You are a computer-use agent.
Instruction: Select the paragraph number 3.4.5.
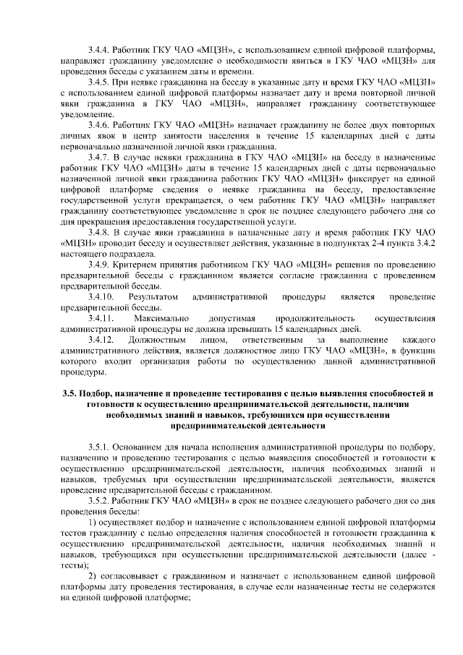[x=99, y=82]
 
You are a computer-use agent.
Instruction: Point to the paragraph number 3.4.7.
[x=99, y=157]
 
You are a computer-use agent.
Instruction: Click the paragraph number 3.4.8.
[x=99, y=232]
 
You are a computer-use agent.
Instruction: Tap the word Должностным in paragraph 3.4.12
[x=158, y=339]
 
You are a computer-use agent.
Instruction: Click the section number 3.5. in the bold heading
[x=72, y=394]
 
